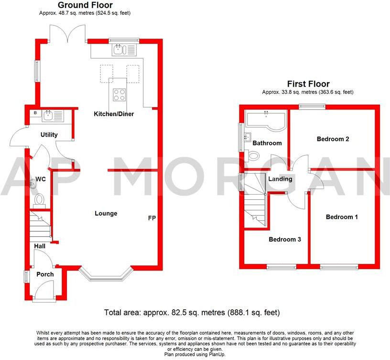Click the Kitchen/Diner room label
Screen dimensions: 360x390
tap(113, 114)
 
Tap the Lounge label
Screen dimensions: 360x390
tap(106, 213)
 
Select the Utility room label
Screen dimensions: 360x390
tap(49, 135)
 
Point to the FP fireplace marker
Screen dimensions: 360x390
tap(152, 218)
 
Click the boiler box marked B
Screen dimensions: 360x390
tap(35, 113)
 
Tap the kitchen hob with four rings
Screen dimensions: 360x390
tap(119, 95)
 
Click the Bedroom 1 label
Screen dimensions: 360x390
tap(342, 217)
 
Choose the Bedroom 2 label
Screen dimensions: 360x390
tap(333, 139)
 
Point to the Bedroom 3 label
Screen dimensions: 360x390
tap(284, 240)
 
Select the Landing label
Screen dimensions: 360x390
tap(280, 179)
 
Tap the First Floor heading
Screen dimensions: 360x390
tap(308, 84)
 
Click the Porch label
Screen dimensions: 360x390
tap(45, 274)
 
